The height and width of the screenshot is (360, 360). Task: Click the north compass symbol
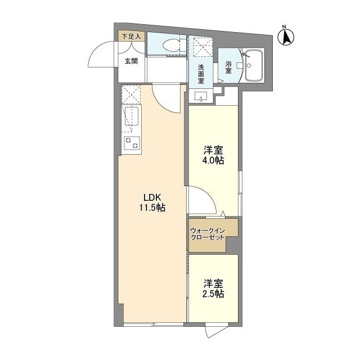[286, 36]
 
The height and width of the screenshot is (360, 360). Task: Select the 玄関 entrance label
[131, 61]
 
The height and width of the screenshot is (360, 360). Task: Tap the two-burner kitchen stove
[131, 143]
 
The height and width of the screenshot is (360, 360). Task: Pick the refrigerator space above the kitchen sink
[131, 94]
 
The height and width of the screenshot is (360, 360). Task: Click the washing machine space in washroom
[201, 47]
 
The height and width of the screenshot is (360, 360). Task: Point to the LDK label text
[152, 197]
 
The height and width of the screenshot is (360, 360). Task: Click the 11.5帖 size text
[152, 208]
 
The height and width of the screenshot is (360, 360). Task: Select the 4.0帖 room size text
[214, 161]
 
